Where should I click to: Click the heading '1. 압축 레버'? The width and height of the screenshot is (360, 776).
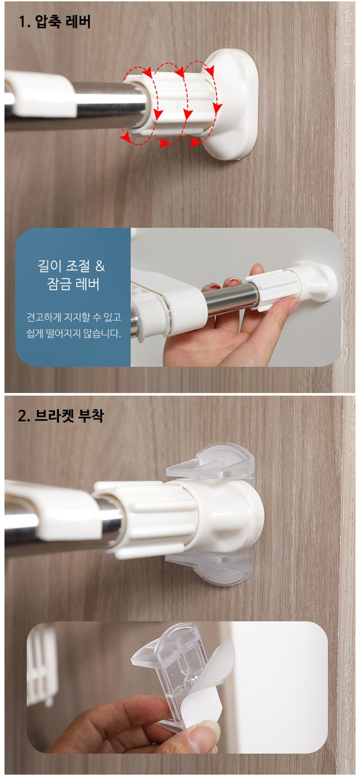coord(54,22)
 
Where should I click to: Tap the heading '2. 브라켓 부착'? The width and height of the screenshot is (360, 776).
coord(60,416)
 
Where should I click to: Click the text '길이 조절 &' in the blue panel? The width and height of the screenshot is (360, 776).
coord(72,266)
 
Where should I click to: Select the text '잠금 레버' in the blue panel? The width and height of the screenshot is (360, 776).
coord(73,284)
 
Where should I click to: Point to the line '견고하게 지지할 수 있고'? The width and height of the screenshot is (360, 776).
coord(73,317)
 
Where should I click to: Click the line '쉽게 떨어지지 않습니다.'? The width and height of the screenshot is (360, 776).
coord(73,333)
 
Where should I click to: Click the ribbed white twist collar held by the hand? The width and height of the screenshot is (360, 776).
coord(273,290)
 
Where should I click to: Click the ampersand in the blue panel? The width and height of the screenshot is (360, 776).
coord(100,266)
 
